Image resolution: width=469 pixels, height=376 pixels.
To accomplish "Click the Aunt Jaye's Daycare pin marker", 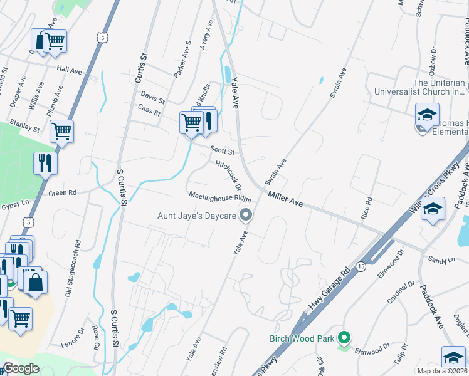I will pyautogui.click(x=246, y=216).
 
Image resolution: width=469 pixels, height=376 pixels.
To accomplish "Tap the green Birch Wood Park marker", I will pyautogui.click(x=343, y=338).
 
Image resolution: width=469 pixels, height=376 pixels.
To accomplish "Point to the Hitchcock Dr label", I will pyautogui.click(x=228, y=174).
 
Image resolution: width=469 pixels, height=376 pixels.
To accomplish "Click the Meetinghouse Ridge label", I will pyautogui.click(x=219, y=197).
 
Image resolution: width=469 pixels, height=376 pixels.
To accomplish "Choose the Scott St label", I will pyautogui.click(x=222, y=151).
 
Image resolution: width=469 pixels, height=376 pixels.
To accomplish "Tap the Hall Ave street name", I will pyautogui.click(x=69, y=70).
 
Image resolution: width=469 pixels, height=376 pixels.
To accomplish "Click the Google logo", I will pyautogui.click(x=21, y=368).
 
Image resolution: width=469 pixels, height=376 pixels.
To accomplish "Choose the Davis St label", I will pyautogui.click(x=152, y=98).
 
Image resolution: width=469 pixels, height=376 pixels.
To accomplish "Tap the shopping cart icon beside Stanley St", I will pyautogui.click(x=61, y=132).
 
